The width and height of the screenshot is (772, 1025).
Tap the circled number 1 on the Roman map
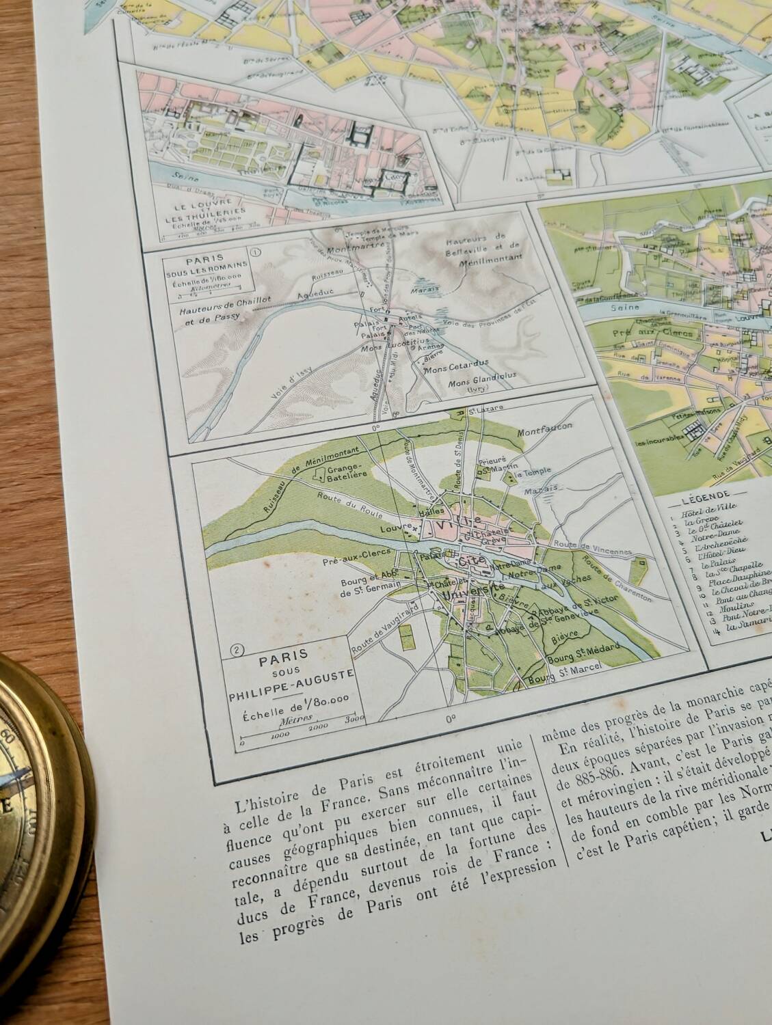256,251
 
